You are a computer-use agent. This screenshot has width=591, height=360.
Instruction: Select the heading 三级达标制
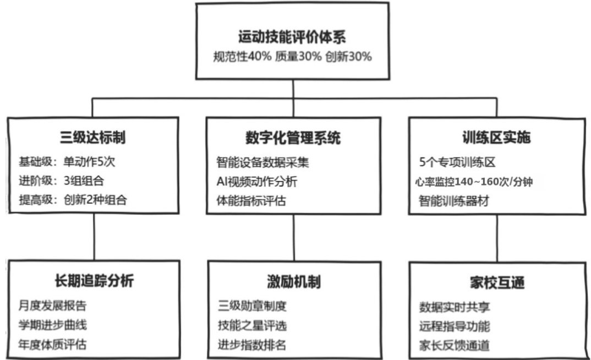click(92, 138)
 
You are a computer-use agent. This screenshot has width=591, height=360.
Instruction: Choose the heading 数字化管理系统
click(293, 138)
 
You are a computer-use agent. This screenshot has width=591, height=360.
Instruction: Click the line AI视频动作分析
click(257, 182)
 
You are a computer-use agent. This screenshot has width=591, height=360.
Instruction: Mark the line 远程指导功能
click(455, 326)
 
